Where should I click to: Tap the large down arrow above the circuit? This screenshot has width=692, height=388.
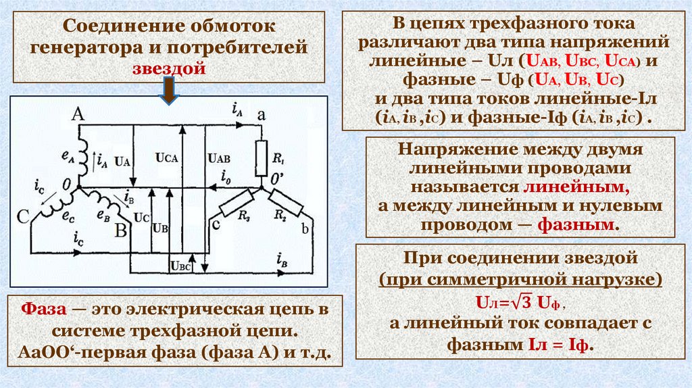[169, 91]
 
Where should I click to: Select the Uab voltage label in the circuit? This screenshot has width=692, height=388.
[218, 157]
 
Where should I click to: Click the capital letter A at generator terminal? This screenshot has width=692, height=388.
[78, 116]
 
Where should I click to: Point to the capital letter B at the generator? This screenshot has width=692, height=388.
[122, 230]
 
